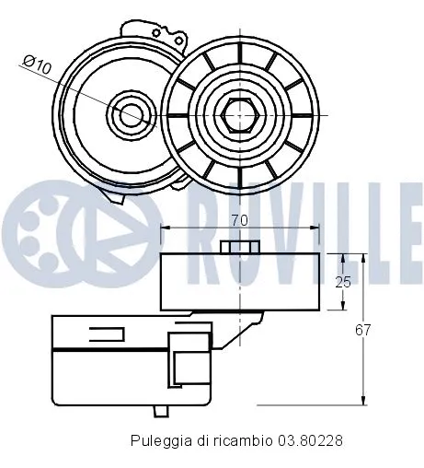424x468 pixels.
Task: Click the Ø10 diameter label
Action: point(37,64)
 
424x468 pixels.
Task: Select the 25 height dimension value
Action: point(341,281)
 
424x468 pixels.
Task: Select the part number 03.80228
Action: point(312,440)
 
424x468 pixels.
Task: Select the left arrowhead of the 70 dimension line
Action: point(166,228)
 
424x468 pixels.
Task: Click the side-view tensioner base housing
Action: point(110,359)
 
